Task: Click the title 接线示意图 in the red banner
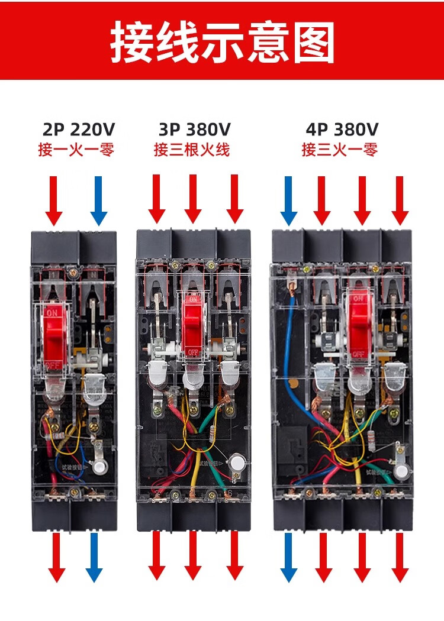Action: (222, 43)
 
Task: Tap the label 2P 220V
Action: (78, 129)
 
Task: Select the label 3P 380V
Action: (194, 129)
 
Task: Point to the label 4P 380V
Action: (342, 129)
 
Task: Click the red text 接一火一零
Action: (76, 150)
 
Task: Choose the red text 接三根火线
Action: (192, 150)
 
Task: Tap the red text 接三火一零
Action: (339, 150)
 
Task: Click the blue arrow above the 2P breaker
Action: (99, 200)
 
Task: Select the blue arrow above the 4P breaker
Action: (289, 200)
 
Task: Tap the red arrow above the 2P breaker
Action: (54, 200)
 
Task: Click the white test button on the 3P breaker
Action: (238, 464)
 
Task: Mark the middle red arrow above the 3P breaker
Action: (192, 198)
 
